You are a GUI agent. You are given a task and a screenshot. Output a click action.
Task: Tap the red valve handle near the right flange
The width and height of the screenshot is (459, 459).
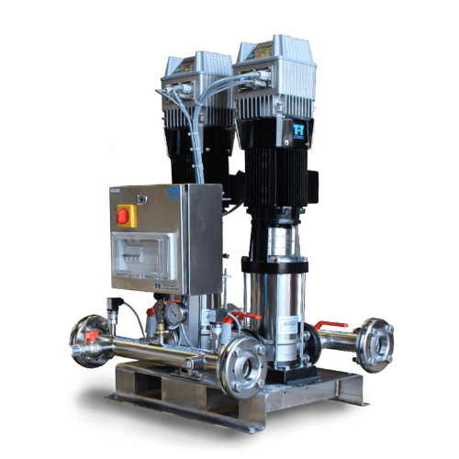tap(330, 324)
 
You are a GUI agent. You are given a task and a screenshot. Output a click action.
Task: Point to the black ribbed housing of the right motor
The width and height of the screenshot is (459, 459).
tap(275, 174)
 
